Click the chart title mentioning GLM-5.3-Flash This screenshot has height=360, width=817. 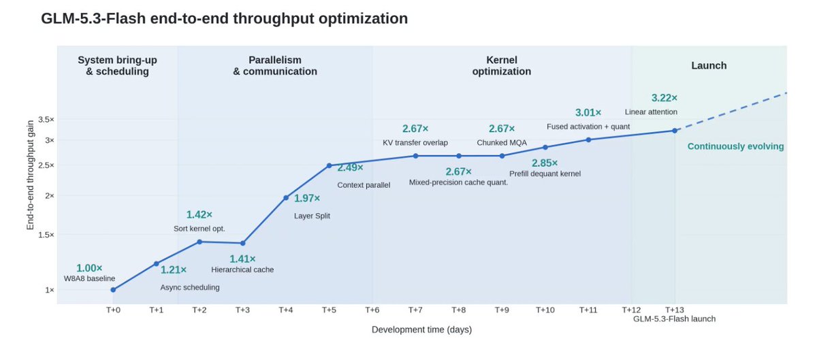click(224, 18)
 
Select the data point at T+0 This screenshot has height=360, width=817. click(113, 290)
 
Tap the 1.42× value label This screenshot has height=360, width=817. click(199, 214)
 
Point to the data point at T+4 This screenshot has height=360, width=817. click(286, 197)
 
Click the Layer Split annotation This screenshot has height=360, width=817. click(312, 216)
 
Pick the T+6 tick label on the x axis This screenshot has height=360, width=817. click(372, 310)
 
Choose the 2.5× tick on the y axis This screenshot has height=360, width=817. click(46, 165)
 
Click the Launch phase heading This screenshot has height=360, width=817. click(709, 65)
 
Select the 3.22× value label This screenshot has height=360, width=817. click(664, 98)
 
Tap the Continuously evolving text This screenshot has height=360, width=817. click(735, 146)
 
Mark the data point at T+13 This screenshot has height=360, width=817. click(675, 131)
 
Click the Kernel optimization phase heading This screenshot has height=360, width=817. click(502, 65)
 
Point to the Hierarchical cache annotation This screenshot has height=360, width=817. click(242, 269)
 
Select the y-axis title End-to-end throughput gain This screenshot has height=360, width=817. click(30, 175)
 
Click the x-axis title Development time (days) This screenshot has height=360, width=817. click(421, 330)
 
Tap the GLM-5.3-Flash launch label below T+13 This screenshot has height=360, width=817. click(675, 318)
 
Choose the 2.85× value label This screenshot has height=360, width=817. click(545, 163)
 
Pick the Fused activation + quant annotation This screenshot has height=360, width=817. click(588, 127)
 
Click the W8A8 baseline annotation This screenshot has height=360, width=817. click(89, 278)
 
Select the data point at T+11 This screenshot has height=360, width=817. click(588, 140)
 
